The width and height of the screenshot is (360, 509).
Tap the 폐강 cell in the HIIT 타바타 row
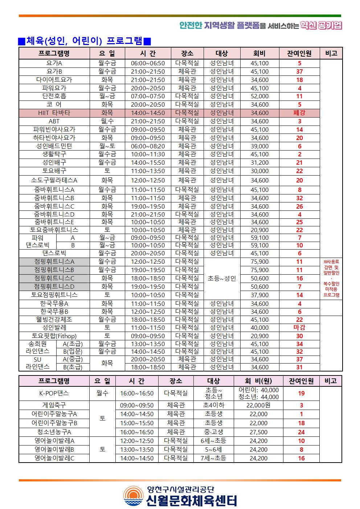coord(299,113)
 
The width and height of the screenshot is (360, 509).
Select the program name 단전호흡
coord(54,96)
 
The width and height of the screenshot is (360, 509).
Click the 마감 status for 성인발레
coord(299,328)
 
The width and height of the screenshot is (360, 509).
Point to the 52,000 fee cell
coord(259,96)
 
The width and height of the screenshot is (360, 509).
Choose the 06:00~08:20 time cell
coord(148,146)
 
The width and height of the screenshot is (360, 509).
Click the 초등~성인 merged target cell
coord(222,279)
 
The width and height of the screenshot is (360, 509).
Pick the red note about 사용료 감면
coord(331,278)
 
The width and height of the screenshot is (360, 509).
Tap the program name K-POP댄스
coord(54,393)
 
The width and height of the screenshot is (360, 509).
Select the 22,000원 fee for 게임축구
coord(258,405)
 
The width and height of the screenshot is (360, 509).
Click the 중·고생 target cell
coord(213,432)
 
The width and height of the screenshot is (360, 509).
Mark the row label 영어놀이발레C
coord(54,458)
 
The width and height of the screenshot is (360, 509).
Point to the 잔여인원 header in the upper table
coord(299,54)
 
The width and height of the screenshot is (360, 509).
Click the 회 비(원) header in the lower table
coord(258,381)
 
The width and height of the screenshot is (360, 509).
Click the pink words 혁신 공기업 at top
coord(322,25)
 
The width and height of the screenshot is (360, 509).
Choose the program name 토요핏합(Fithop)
coord(54,336)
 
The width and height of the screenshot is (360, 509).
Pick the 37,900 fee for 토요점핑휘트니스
coord(259,295)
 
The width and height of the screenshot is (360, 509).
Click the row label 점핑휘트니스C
coord(54,278)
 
